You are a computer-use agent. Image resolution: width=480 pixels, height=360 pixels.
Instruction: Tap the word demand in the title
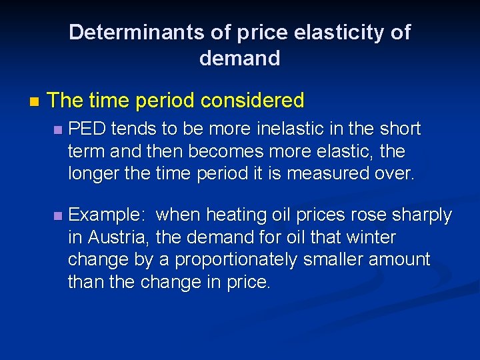pos(239,59)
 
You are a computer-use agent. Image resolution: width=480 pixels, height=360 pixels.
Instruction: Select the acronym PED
pos(87,128)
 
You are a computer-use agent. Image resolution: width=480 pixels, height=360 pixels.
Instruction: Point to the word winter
pos(375,237)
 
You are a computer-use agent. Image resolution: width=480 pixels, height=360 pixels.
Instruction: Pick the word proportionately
pos(234,259)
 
